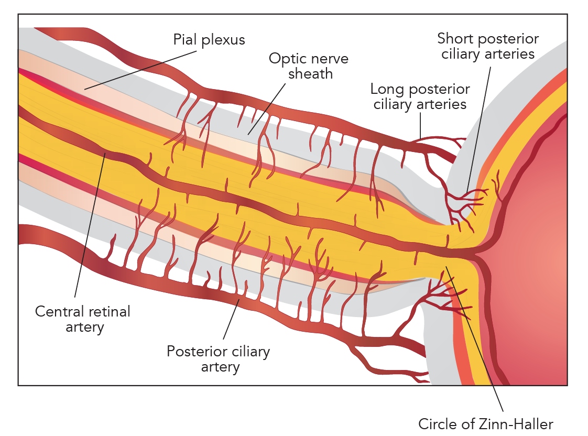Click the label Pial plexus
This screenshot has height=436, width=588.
tap(209, 40)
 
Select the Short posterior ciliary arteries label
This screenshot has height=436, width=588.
tap(487, 46)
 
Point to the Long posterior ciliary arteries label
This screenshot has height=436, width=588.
tap(419, 96)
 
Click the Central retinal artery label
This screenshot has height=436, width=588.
tap(83, 319)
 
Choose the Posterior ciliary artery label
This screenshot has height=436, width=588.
tap(218, 358)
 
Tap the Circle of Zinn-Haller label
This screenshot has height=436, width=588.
tap(485, 423)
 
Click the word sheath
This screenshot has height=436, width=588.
tap(310, 74)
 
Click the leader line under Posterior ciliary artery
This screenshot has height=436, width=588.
tap(231, 320)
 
